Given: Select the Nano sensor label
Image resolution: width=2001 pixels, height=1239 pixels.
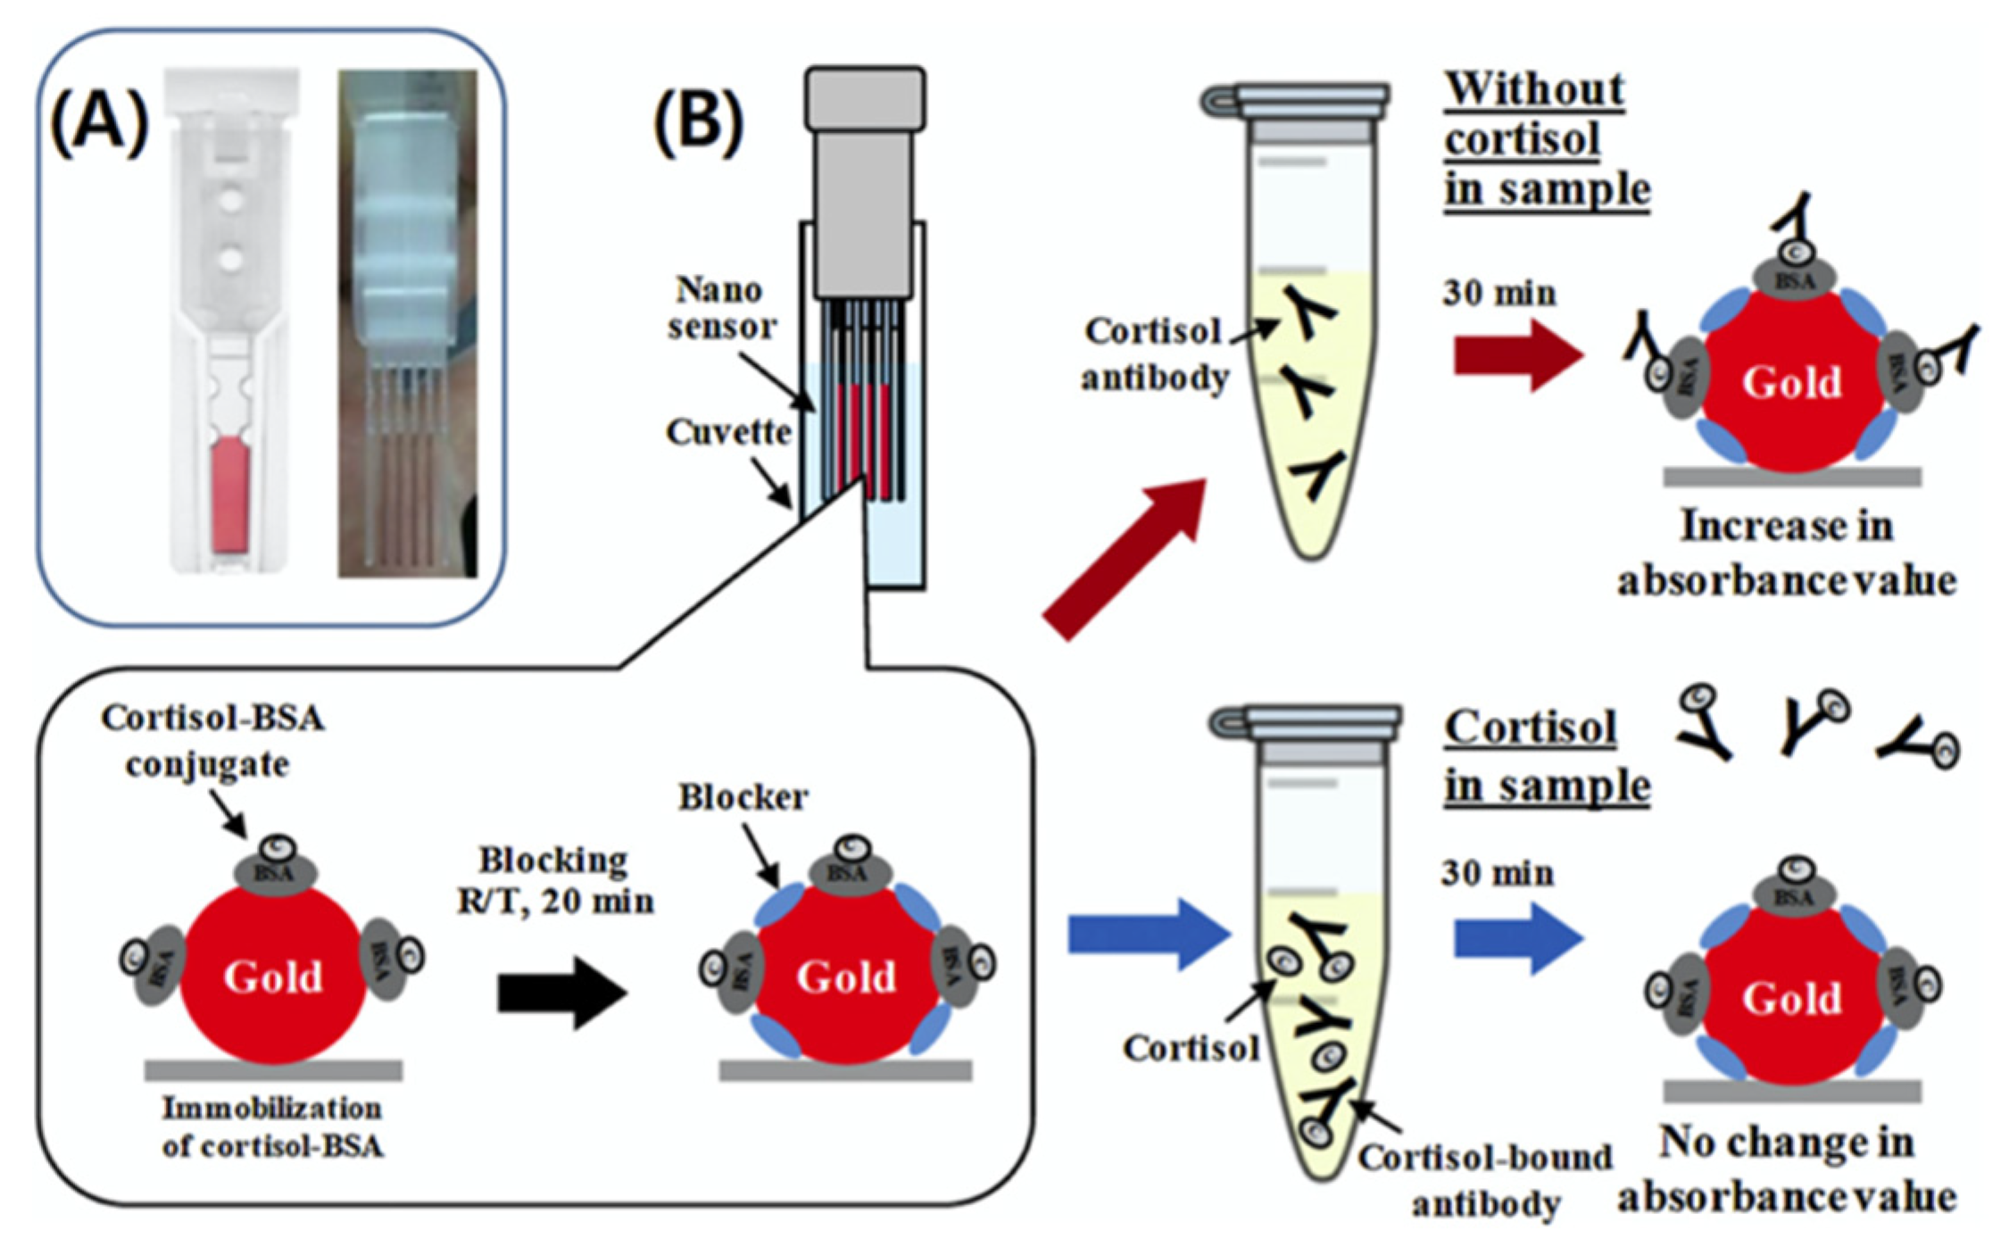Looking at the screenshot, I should point(721,308).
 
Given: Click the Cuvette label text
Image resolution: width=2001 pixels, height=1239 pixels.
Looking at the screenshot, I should point(728,433).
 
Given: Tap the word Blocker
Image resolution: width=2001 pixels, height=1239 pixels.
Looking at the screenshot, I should point(743,797).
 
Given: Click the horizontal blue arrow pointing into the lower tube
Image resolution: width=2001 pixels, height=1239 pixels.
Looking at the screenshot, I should point(1148,935).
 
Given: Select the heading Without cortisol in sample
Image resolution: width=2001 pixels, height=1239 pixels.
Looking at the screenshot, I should point(1546,140).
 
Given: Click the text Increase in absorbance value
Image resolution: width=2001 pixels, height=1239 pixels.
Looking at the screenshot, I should point(1786,553).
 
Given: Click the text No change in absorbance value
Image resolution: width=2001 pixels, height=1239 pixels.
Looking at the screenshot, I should point(1786,1169).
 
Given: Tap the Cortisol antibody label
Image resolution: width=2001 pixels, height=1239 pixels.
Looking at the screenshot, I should point(1154,354).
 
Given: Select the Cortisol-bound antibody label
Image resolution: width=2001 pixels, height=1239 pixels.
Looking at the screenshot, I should point(1484,1180).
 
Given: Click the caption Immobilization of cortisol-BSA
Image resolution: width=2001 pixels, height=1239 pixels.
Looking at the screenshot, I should point(272,1127).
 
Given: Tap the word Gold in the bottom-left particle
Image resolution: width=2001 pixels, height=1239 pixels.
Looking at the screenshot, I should point(272,977).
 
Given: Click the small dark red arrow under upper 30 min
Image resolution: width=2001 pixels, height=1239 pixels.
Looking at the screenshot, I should point(1517,356).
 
